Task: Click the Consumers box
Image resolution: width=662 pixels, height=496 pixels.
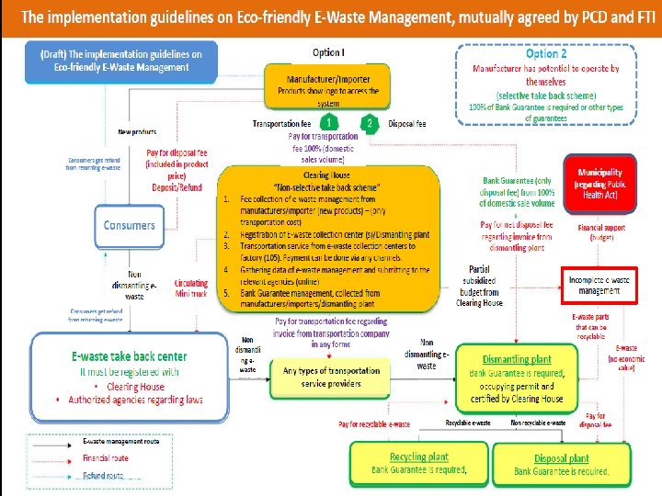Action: point(129,225)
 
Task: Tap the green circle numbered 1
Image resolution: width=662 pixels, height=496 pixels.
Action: point(330,123)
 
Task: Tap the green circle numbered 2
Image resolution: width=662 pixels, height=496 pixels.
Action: point(370,123)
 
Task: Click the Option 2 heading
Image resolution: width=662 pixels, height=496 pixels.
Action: point(546,54)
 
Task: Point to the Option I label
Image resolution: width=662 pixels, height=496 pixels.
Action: point(328,52)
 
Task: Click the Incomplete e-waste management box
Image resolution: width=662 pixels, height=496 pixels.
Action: point(599,285)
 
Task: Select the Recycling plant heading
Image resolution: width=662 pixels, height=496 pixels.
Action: point(418,457)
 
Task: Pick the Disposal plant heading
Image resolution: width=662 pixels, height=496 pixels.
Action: point(561,458)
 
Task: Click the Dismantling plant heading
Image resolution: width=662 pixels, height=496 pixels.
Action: point(517,359)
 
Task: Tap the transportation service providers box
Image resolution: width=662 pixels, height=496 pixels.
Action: point(325,377)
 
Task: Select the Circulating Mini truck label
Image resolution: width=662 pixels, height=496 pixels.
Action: point(191,288)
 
